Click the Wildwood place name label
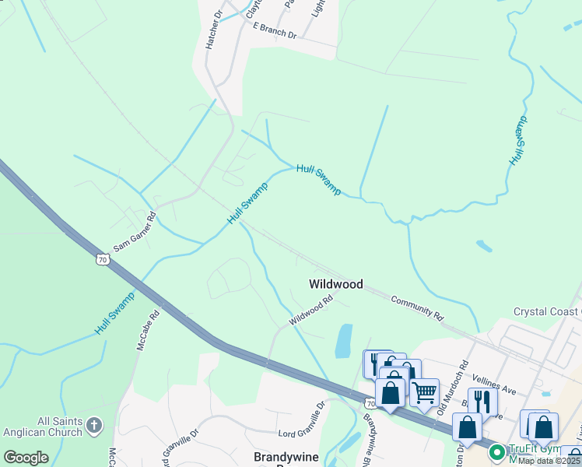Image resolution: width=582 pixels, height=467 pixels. click(336, 284)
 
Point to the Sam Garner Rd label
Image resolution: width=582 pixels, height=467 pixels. click(135, 232)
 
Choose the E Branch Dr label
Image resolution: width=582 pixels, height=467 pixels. click(275, 30)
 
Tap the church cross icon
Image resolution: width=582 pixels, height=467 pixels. click(93, 426)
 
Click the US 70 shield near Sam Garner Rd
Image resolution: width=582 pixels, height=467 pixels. click(102, 259)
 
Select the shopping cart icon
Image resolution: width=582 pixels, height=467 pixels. click(424, 392)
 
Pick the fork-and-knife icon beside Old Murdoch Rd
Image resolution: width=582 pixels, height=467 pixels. click(482, 400)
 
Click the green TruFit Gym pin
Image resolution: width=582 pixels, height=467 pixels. click(496, 451)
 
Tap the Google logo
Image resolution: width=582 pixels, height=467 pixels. click(26, 458)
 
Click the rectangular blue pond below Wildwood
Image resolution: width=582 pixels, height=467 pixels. click(343, 341)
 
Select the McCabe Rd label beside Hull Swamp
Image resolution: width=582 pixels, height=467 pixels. click(148, 331)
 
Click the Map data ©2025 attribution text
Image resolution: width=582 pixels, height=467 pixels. click(549, 460)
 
